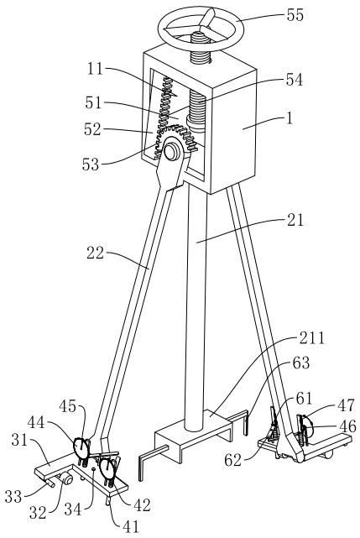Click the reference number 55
point(295,15)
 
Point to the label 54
point(295,80)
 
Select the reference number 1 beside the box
point(290,118)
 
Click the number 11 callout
point(95,69)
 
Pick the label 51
point(93,102)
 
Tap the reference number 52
point(92,129)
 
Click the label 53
point(91,165)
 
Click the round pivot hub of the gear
point(171,151)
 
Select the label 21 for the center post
point(295,220)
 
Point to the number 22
point(96,253)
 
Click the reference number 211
point(312,338)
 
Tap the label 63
point(300,363)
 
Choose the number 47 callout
point(346,405)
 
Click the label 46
point(347,426)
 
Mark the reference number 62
point(234,460)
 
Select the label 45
point(68,406)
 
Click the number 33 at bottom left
point(13,497)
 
